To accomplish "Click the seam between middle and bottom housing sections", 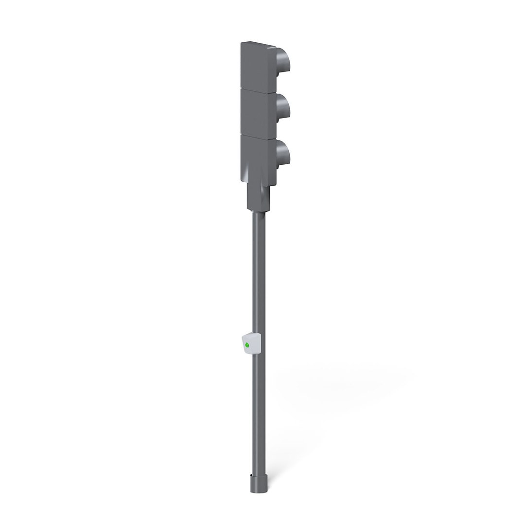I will click(x=258, y=135).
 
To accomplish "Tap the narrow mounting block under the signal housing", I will click(x=258, y=197).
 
